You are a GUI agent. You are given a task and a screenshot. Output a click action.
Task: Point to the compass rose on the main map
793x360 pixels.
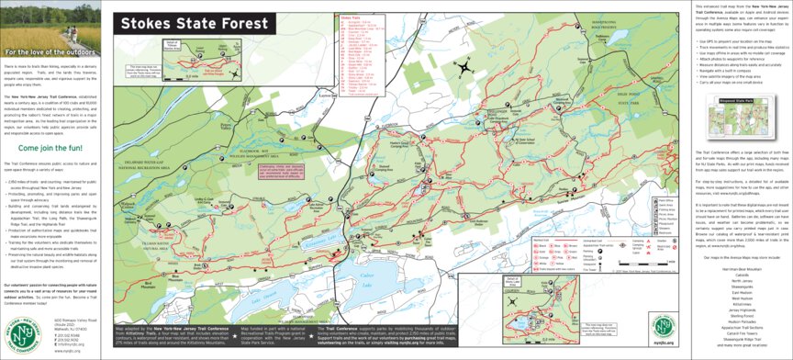[x=468, y=65]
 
